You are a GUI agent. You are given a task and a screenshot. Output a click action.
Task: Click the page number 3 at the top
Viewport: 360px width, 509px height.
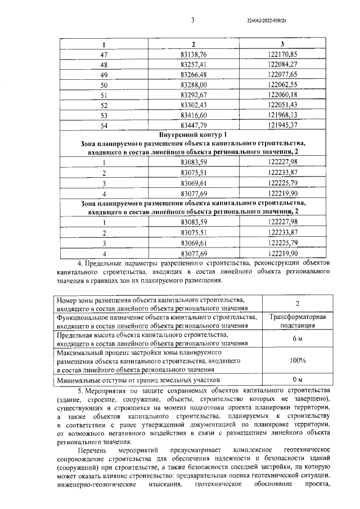pyautogui.click(x=192, y=21)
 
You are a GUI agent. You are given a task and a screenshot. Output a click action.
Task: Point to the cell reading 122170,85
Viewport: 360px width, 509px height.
pyautogui.click(x=282, y=55)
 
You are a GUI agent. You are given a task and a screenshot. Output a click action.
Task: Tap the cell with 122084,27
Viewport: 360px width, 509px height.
pyautogui.click(x=282, y=65)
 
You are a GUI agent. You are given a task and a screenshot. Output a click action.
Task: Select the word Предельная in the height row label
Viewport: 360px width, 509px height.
pyautogui.click(x=74, y=335)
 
